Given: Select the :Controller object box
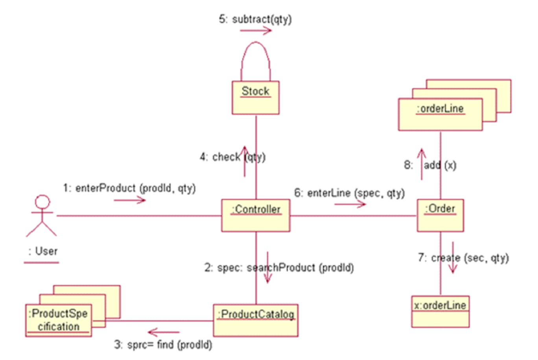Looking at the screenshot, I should click(256, 215).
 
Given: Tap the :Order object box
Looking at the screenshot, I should click(440, 215).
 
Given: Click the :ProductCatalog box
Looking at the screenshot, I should click(256, 320).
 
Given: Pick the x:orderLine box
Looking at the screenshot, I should click(440, 311).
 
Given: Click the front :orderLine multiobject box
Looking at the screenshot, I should click(440, 114).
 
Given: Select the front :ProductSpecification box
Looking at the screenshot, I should click(59, 320).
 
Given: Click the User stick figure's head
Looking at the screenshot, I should click(42, 202).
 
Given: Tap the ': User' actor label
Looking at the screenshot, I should click(42, 251).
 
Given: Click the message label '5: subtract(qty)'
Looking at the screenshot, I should click(255, 19).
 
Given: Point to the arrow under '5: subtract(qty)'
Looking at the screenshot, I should click(256, 31).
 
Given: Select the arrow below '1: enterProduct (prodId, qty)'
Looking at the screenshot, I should click(130, 200).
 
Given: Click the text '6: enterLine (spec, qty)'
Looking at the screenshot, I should click(349, 193).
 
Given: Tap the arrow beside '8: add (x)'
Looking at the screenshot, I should click(421, 164).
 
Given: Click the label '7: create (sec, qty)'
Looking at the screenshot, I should click(463, 258).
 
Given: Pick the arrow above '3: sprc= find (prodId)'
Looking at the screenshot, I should click(164, 332).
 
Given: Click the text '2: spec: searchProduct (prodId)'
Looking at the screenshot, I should click(279, 268).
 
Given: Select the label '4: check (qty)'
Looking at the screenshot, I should click(232, 157).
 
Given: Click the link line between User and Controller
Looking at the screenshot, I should click(138, 216).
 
